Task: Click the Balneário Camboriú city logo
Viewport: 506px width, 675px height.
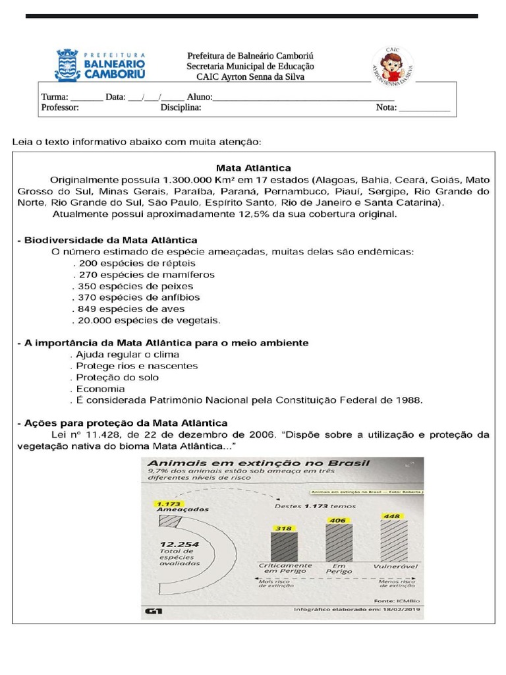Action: point(99,65)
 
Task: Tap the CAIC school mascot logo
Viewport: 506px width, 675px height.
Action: point(393,65)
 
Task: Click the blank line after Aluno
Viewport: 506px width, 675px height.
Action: point(303,98)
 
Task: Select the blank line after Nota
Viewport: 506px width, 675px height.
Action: point(424,108)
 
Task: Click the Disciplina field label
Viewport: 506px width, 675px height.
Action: point(181,108)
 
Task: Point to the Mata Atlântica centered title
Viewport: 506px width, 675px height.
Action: point(254,167)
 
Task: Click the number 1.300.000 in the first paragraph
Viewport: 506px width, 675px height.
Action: point(186,179)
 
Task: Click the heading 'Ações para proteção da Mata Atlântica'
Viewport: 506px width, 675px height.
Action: point(123,423)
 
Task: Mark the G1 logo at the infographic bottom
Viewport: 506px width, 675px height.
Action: point(154,612)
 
